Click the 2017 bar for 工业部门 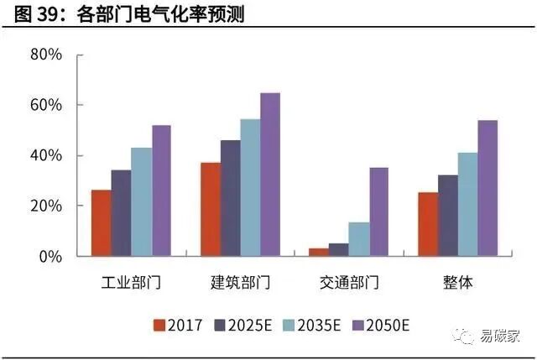point(102,223)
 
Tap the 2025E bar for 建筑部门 point(230,198)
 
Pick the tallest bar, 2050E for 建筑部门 point(270,175)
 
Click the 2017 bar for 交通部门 point(319,252)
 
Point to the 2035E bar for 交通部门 point(358,239)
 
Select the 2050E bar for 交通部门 point(378,211)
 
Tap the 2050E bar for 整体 point(487,188)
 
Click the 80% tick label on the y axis point(46,55)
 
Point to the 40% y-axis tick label point(46,156)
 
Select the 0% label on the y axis point(50,257)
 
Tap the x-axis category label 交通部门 point(349,282)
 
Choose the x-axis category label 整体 point(457,282)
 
